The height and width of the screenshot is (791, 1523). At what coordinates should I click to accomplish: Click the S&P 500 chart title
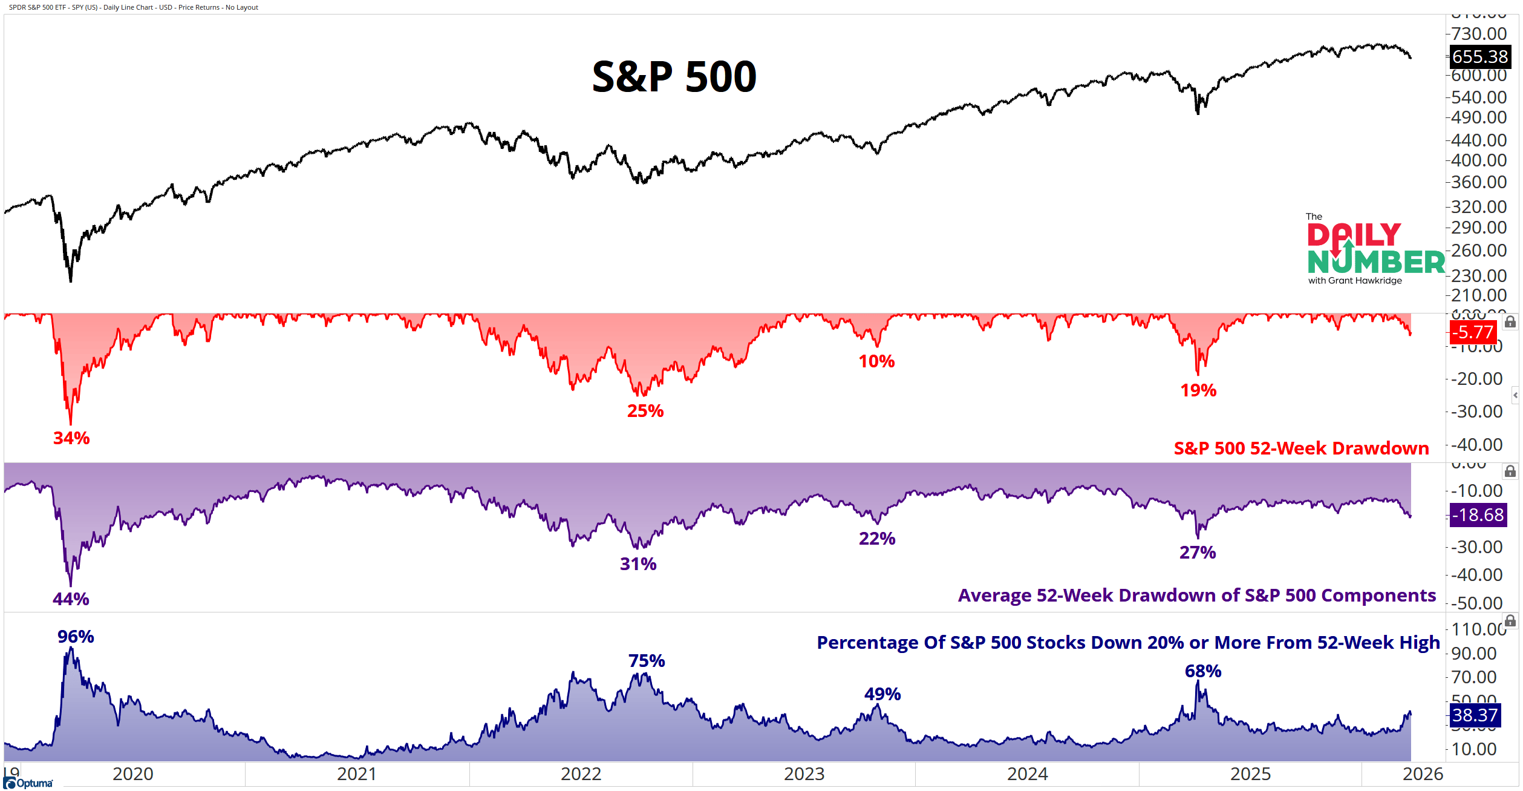(674, 77)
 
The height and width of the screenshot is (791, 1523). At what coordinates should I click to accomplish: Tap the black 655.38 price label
(1479, 57)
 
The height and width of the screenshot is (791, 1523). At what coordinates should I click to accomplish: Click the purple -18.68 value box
(1478, 515)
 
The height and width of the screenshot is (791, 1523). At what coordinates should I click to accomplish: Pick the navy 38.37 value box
(1475, 715)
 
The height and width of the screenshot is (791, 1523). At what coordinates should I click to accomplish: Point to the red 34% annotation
(71, 438)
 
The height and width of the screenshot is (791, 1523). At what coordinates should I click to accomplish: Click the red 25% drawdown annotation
(645, 411)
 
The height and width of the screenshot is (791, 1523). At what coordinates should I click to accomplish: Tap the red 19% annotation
(1198, 390)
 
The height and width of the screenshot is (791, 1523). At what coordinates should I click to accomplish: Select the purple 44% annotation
(71, 599)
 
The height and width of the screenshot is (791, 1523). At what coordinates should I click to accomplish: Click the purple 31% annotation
(638, 564)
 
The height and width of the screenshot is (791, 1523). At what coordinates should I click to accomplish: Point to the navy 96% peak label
(76, 637)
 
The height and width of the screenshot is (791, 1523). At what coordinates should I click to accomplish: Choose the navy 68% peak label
(1202, 671)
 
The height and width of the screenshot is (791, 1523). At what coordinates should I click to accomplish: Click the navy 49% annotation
(882, 694)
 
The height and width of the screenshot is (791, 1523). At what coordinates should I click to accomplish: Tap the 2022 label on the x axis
(581, 774)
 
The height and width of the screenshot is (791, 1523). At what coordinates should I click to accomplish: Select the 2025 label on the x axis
(1250, 774)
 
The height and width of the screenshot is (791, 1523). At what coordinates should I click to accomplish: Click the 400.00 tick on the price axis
(1478, 160)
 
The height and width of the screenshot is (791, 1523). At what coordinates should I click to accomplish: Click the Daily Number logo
(1374, 250)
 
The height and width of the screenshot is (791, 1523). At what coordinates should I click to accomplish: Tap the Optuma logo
(28, 783)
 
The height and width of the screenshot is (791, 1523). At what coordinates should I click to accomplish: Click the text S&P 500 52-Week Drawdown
(1300, 448)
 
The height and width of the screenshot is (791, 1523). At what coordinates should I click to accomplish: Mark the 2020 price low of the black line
(71, 281)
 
